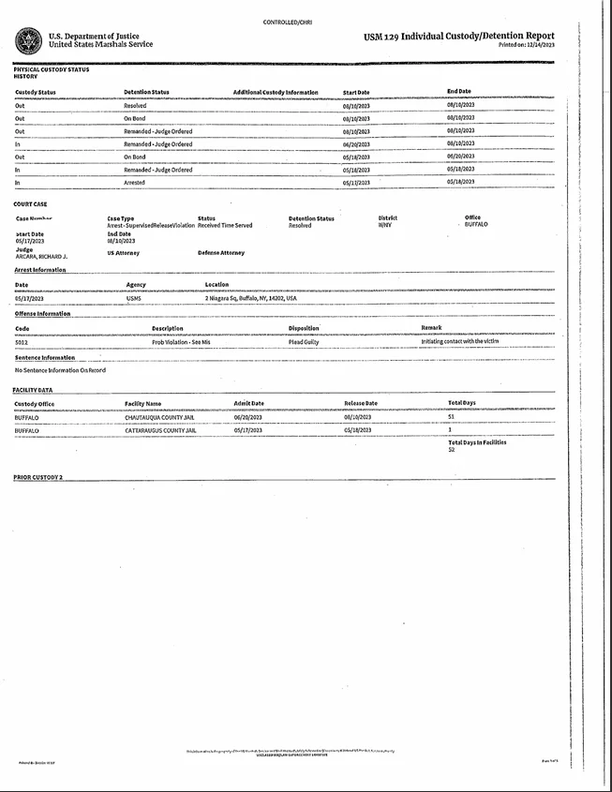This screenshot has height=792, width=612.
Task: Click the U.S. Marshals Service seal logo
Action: pyautogui.click(x=27, y=40)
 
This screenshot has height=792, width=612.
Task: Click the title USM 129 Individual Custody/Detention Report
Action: pyautogui.click(x=458, y=37)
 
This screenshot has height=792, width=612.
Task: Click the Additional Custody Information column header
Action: pyautogui.click(x=276, y=92)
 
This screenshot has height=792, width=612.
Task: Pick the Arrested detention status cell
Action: pyautogui.click(x=134, y=182)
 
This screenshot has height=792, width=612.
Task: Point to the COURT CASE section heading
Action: pyautogui.click(x=30, y=203)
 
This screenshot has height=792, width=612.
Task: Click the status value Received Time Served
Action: pyautogui.click(x=225, y=225)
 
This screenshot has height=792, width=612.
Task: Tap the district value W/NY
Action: pyautogui.click(x=385, y=225)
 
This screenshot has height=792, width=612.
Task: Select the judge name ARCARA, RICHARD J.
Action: pyautogui.click(x=41, y=256)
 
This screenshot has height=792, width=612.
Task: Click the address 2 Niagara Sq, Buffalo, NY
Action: pyautogui.click(x=250, y=298)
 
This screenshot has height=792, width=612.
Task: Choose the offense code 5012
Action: pyautogui.click(x=22, y=342)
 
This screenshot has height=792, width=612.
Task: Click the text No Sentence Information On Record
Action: pyautogui.click(x=60, y=370)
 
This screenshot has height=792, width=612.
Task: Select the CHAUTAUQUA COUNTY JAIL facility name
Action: pyautogui.click(x=159, y=417)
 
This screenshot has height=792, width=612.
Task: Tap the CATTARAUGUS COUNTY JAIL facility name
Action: pyautogui.click(x=160, y=429)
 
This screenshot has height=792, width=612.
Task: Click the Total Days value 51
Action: pyautogui.click(x=452, y=417)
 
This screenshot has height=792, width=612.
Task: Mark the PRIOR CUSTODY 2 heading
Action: pyautogui.click(x=37, y=477)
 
